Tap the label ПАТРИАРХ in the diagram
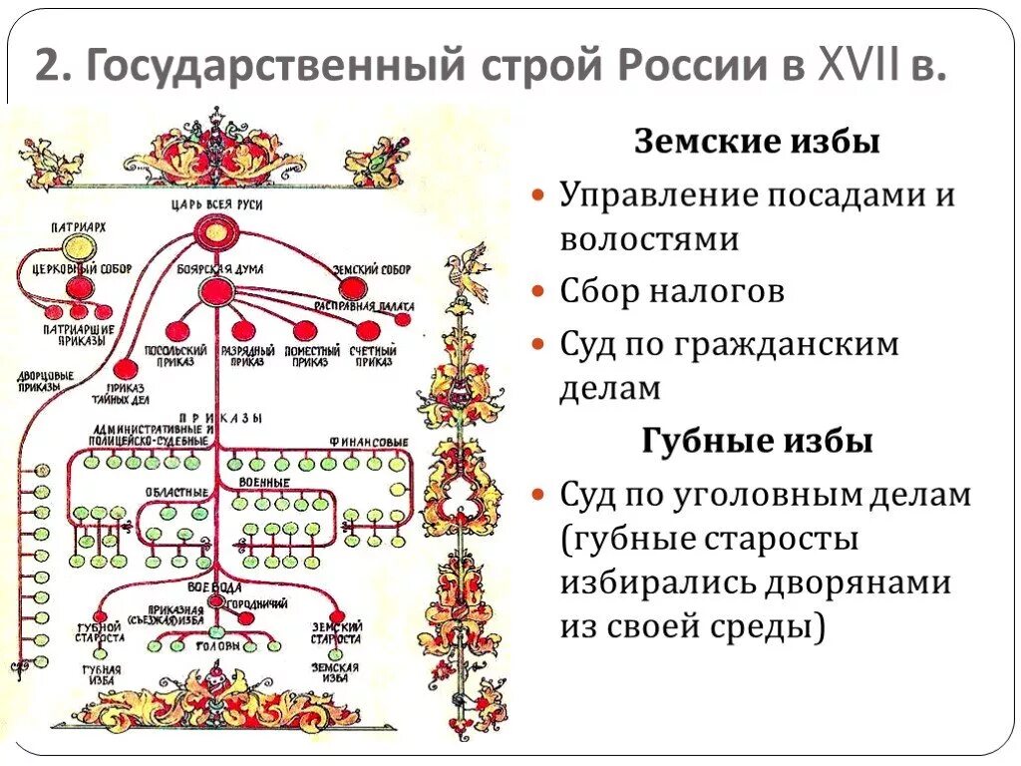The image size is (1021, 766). point(78,227)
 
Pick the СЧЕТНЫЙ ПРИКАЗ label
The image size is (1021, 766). point(373,356)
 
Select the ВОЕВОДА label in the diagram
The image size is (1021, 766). point(212,588)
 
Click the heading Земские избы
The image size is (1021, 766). point(757,143)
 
